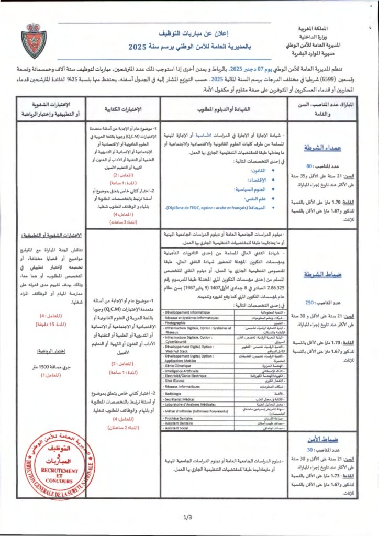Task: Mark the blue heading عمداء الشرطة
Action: (331, 149)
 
